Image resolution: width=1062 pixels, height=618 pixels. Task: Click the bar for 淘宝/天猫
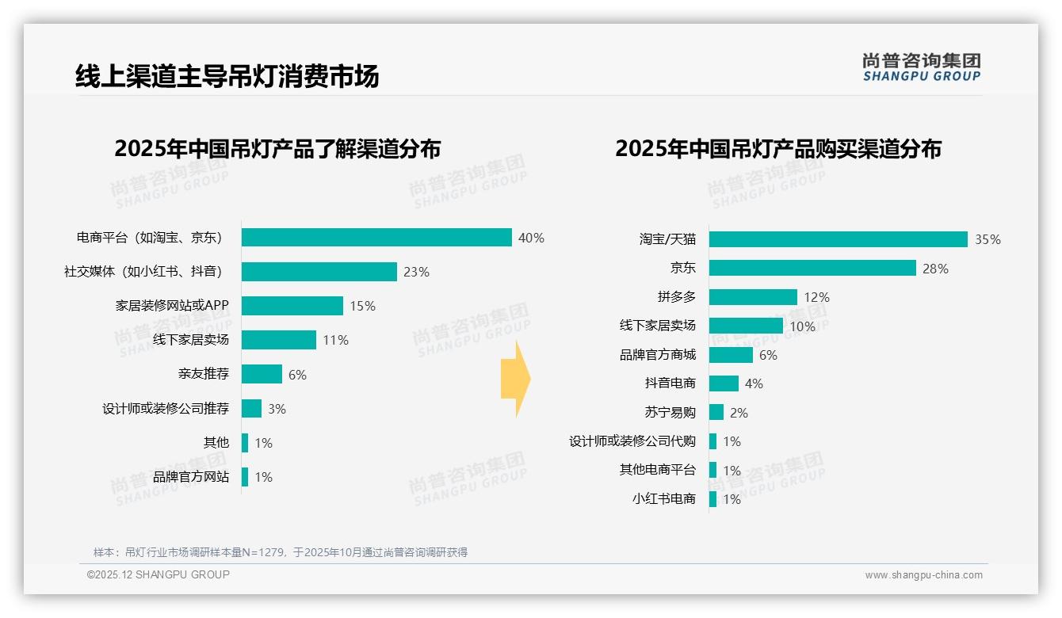pyautogui.click(x=838, y=239)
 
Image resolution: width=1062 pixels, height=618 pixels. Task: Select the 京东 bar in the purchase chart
pyautogui.click(x=812, y=269)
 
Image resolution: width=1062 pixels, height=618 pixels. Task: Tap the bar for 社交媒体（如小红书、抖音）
pyautogui.click(x=319, y=272)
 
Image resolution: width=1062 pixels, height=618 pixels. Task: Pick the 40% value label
pyautogui.click(x=531, y=238)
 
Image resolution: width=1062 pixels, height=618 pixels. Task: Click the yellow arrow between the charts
pyautogui.click(x=515, y=380)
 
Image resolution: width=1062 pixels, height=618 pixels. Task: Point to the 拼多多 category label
pyautogui.click(x=676, y=297)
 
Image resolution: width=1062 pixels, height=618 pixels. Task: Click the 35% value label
pyautogui.click(x=988, y=239)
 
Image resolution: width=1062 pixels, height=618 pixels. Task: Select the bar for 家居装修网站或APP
pyautogui.click(x=292, y=306)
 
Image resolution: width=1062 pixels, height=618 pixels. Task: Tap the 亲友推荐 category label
pyautogui.click(x=203, y=374)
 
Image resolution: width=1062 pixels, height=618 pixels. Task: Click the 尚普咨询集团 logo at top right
pyautogui.click(x=921, y=67)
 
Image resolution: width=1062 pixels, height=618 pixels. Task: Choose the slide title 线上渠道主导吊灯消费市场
pyautogui.click(x=227, y=76)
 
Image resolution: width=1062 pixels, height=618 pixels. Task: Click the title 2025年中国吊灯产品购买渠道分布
pyautogui.click(x=777, y=149)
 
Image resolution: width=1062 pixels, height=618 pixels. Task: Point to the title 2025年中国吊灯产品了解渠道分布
pyautogui.click(x=277, y=149)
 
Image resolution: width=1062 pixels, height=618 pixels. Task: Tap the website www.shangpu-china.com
pyautogui.click(x=923, y=575)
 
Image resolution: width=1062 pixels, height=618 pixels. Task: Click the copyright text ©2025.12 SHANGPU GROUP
pyautogui.click(x=159, y=574)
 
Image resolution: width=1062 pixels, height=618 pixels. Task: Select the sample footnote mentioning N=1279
pyautogui.click(x=281, y=552)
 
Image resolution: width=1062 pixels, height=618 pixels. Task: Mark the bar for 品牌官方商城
pyautogui.click(x=731, y=355)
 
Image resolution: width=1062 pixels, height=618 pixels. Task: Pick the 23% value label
pyautogui.click(x=416, y=272)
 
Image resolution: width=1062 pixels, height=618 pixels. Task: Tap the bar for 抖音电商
pyautogui.click(x=724, y=383)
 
